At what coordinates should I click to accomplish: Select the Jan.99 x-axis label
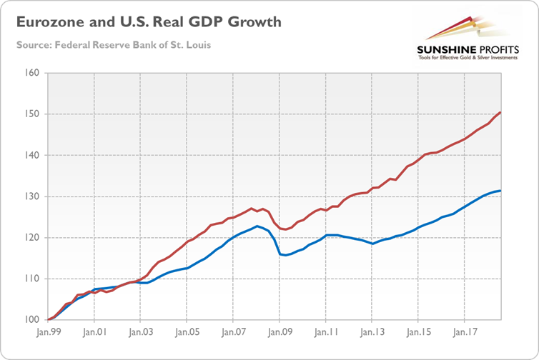[47, 333]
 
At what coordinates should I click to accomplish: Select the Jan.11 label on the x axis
[326, 333]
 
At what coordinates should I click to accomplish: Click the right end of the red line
[500, 112]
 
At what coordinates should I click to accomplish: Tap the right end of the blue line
[500, 191]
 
